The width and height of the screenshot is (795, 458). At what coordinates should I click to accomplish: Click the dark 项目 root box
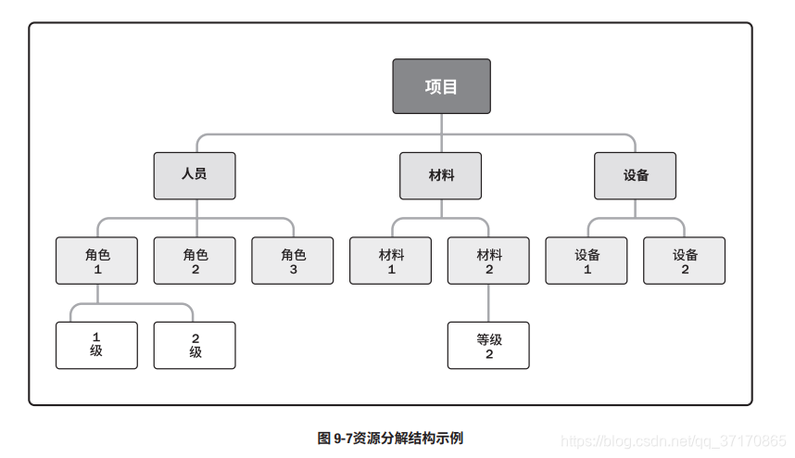(x=441, y=86)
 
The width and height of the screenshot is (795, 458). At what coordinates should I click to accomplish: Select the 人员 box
(x=195, y=175)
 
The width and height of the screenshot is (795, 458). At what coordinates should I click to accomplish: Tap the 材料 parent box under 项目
(x=441, y=175)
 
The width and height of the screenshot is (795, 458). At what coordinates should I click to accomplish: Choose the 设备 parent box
(x=636, y=175)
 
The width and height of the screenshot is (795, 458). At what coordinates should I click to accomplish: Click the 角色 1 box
(x=96, y=261)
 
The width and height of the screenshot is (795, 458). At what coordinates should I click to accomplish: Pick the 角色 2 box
(x=195, y=261)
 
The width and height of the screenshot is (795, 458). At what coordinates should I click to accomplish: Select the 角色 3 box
(x=293, y=261)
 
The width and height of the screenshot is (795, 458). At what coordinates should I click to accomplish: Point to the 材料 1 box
(x=391, y=261)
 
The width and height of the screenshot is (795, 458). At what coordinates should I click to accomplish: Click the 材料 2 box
(x=488, y=261)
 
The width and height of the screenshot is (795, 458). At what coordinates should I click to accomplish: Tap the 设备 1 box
(x=587, y=261)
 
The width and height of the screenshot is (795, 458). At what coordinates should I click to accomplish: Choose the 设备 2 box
(x=685, y=261)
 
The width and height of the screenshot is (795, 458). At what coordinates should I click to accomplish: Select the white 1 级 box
(x=96, y=345)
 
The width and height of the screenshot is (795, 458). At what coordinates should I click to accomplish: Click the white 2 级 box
(x=195, y=345)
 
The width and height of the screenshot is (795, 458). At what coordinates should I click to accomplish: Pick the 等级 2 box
(x=488, y=345)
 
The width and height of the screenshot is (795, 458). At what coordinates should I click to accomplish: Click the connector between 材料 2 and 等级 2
(x=488, y=303)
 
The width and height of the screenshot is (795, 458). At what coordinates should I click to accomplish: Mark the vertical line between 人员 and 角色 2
(x=196, y=218)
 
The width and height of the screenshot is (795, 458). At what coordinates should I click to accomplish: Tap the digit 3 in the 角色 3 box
(x=294, y=270)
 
